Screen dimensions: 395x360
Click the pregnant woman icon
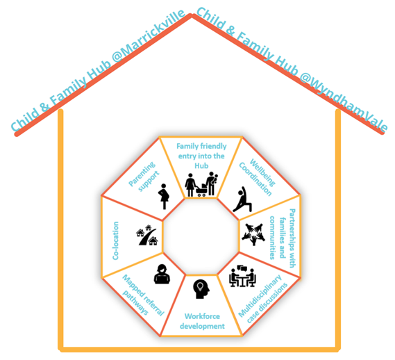[x=164, y=196]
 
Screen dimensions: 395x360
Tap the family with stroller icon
[x=201, y=184]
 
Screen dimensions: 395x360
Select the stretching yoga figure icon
[x=242, y=199]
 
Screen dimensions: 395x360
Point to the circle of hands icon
[x=253, y=234]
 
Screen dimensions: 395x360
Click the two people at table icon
[x=242, y=276]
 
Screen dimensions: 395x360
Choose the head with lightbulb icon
[x=201, y=289]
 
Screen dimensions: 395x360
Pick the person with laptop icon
[x=162, y=275]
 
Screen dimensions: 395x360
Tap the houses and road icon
[x=147, y=235]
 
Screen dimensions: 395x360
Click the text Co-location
[x=115, y=240]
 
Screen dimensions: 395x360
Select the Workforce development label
[x=202, y=321]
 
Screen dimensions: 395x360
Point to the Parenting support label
[x=144, y=177]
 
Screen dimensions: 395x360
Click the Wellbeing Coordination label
[x=258, y=177]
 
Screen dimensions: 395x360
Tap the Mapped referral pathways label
[x=143, y=295]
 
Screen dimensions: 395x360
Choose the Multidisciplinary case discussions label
[x=263, y=299]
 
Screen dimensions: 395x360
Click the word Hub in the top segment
[x=201, y=165]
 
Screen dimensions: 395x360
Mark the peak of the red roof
[x=192, y=15]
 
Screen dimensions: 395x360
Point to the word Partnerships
[x=292, y=238]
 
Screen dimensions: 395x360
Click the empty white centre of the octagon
[x=201, y=236]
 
